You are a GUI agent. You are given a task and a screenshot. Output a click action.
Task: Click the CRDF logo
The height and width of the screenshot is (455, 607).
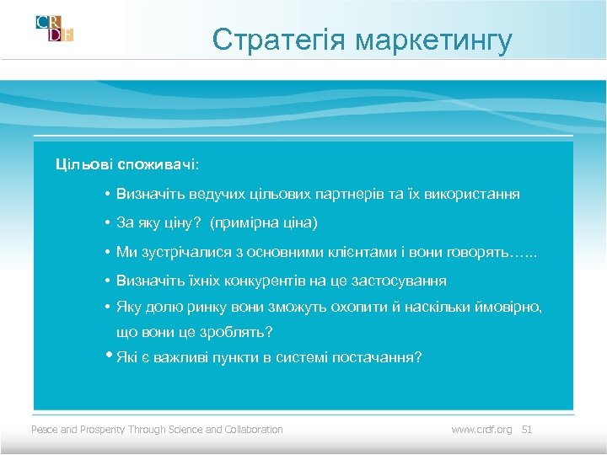55,28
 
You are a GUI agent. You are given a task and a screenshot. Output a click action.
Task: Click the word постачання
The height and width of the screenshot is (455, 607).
376,357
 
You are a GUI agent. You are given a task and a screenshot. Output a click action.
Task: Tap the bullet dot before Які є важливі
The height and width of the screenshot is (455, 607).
110,355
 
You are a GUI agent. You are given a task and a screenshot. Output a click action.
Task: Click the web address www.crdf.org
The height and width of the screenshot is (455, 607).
481,430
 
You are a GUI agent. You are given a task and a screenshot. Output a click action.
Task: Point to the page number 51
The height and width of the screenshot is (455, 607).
528,430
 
